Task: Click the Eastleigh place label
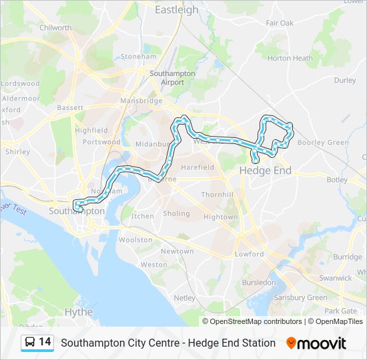pos(176,10)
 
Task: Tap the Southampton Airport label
pos(172,77)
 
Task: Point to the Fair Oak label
pos(280,23)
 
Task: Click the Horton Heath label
pos(290,58)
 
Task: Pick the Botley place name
pos(337,180)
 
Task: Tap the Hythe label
pos(79,311)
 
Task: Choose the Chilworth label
pos(55,28)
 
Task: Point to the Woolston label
pos(135,240)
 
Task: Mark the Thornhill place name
pos(218,195)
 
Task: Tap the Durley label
pos(345,80)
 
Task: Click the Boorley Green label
pos(323,143)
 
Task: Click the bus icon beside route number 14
pos(30,342)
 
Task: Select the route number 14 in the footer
pos(45,342)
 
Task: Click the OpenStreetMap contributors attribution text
pos(255,321)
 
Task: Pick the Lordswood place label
pos(20,83)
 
